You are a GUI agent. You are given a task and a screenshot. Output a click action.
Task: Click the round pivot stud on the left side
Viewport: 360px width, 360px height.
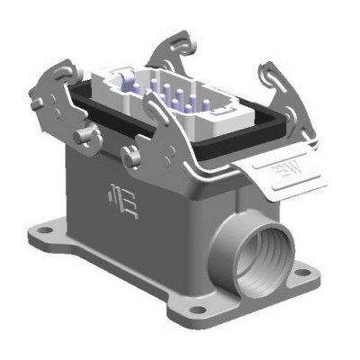[86, 135]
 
